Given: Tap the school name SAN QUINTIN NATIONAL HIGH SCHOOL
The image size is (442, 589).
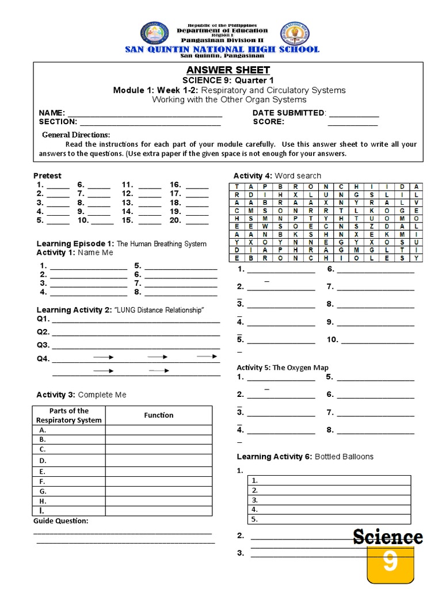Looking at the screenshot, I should [x=222, y=49].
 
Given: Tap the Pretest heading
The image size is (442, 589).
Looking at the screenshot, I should [x=47, y=175].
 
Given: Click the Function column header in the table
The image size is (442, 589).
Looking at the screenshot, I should [x=159, y=415].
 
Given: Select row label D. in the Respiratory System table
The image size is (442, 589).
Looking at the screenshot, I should [x=43, y=461].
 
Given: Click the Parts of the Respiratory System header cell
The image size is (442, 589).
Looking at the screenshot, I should [x=68, y=415].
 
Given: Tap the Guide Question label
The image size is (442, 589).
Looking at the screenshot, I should [x=61, y=521].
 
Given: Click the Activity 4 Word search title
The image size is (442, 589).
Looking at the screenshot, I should [x=277, y=175].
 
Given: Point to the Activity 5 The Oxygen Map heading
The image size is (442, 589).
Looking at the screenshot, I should [x=283, y=368].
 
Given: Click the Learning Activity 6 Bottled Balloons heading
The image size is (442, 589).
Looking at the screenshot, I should [x=305, y=457].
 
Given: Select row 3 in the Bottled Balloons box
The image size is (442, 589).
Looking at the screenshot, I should [x=329, y=500].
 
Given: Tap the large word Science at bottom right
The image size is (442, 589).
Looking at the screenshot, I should [x=387, y=537].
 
